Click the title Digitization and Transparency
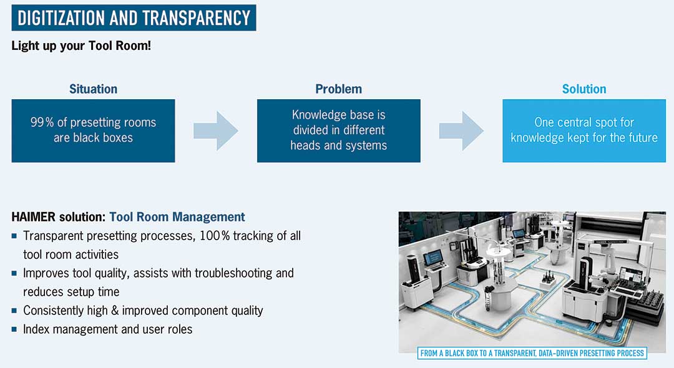pyautogui.click(x=134, y=18)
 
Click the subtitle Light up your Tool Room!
pyautogui.click(x=81, y=46)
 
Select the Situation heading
pyautogui.click(x=93, y=89)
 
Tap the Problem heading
pyautogui.click(x=339, y=89)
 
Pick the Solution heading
pyautogui.click(x=584, y=89)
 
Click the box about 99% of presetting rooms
pyautogui.click(x=93, y=130)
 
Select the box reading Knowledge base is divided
pyautogui.click(x=339, y=130)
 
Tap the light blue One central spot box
pyautogui.click(x=584, y=130)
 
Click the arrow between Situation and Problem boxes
pyautogui.click(x=216, y=130)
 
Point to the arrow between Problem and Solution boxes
pyautogui.click(x=461, y=130)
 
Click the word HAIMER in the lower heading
pyautogui.click(x=34, y=217)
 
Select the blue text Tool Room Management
pyautogui.click(x=177, y=217)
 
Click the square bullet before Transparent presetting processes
pyautogui.click(x=14, y=236)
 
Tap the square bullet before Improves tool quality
pyautogui.click(x=14, y=273)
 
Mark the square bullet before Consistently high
pyautogui.click(x=14, y=311)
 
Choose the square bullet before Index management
pyautogui.click(x=14, y=329)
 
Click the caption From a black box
pyautogui.click(x=532, y=354)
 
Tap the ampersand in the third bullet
pyautogui.click(x=115, y=311)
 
